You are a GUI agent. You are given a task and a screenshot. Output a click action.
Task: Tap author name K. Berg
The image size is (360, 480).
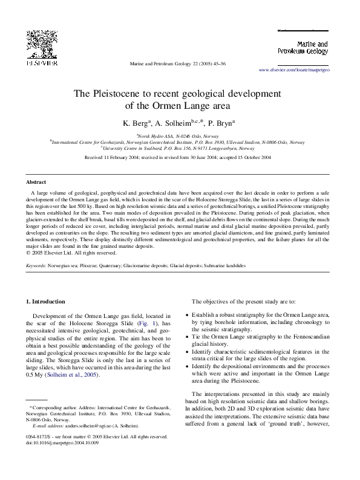click(x=137, y=123)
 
